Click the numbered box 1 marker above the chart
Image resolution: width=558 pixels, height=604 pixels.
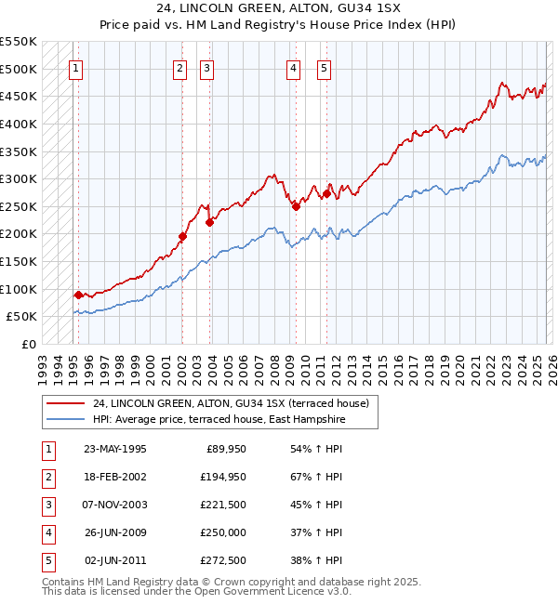pos(75,67)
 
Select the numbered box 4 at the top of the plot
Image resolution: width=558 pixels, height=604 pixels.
pos(293,67)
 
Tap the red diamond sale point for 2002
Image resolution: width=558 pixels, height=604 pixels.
pos(182,236)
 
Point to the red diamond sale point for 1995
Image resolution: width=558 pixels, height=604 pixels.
pos(78,295)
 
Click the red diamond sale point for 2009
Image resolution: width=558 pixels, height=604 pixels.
pos(296,206)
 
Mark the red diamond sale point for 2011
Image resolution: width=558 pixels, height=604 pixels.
pos(325,193)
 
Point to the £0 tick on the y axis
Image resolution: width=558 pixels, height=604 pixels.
pos(28,344)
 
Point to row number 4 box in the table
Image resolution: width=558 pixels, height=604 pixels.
pos(48,532)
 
